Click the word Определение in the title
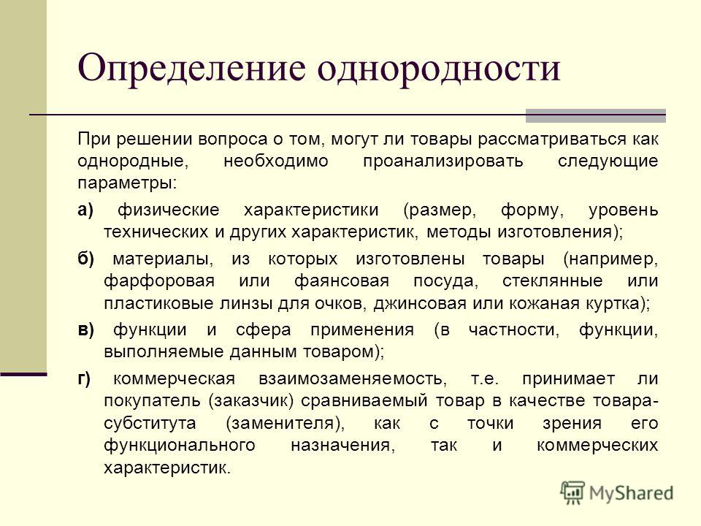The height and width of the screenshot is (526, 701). (x=192, y=70)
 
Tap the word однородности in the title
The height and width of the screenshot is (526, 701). (x=439, y=70)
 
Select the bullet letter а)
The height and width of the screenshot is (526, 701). (x=85, y=210)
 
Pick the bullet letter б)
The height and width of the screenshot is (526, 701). (x=85, y=259)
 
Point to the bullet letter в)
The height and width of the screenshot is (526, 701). (x=85, y=330)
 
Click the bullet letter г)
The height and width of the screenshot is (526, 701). (x=84, y=379)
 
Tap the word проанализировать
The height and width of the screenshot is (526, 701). (x=443, y=161)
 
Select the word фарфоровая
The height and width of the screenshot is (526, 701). (x=159, y=281)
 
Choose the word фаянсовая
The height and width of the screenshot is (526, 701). (x=342, y=281)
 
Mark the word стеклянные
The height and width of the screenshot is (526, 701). (x=553, y=281)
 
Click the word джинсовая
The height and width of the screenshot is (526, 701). (x=420, y=304)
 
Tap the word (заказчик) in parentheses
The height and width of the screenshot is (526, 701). (x=250, y=401)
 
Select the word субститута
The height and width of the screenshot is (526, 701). (x=150, y=423)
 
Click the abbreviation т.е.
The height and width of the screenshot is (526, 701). (x=485, y=379)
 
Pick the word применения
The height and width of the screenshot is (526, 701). (x=362, y=330)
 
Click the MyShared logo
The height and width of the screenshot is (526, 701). (x=617, y=492)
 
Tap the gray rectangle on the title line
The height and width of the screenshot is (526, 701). (x=596, y=115)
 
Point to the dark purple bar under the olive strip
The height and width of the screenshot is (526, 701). (x=23, y=374)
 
